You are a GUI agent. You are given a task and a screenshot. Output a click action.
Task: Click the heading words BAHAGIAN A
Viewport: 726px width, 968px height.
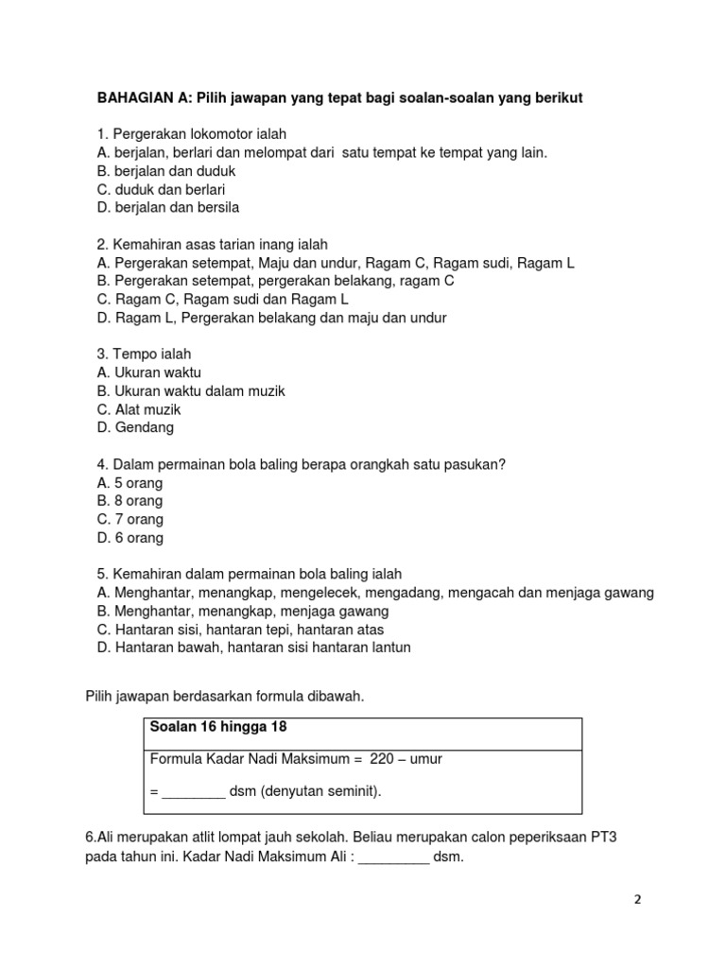click(141, 97)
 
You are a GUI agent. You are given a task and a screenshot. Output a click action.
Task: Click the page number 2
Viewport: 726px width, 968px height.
click(637, 901)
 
